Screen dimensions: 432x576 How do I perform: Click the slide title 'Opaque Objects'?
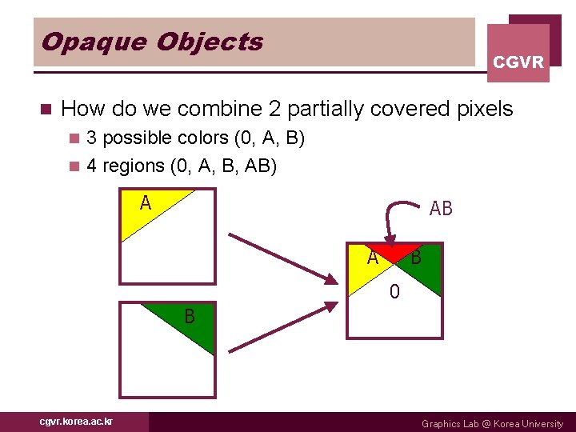pyautogui.click(x=152, y=42)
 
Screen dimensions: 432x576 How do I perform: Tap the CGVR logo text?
pyautogui.click(x=518, y=62)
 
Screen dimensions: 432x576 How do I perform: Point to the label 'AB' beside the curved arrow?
pyautogui.click(x=441, y=209)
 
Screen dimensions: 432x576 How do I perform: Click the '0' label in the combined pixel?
pyautogui.click(x=394, y=293)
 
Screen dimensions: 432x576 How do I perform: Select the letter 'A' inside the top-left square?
pyautogui.click(x=145, y=203)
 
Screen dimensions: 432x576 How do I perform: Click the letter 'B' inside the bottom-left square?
pyautogui.click(x=190, y=317)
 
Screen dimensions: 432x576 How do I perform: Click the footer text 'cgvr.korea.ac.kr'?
pyautogui.click(x=76, y=422)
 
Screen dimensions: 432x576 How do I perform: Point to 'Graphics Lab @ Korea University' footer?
pyautogui.click(x=492, y=423)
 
